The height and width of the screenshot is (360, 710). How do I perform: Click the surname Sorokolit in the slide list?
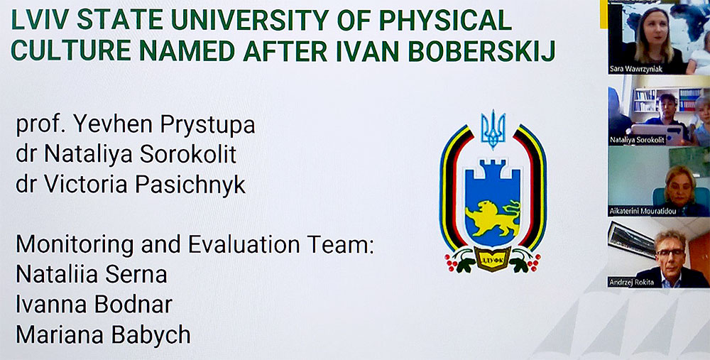click(188, 155)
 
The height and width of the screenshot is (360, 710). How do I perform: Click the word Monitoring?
click(75, 246)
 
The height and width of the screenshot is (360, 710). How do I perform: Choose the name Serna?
click(139, 274)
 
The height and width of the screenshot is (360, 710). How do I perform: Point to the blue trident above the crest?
click(493, 130)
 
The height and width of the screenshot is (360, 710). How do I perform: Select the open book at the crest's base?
click(492, 259)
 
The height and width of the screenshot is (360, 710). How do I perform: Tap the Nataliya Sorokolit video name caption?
click(637, 141)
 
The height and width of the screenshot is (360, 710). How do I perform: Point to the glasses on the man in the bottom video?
click(671, 252)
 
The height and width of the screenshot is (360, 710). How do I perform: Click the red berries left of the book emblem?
click(451, 263)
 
